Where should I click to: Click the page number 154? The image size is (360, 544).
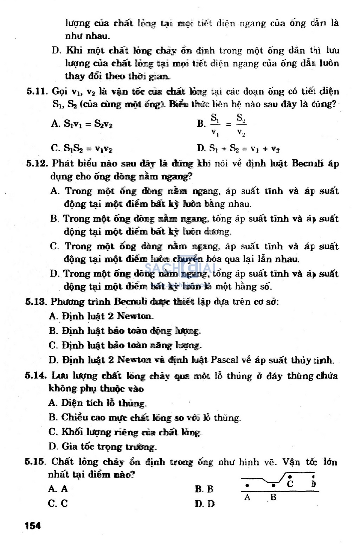click(33, 526)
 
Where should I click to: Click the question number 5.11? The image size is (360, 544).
click(37, 91)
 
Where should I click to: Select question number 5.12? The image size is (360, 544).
click(37, 164)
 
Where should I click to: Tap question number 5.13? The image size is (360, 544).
click(36, 302)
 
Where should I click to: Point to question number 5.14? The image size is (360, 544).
click(36, 376)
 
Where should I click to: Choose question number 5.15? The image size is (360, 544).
click(35, 462)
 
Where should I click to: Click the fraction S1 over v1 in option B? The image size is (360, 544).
click(215, 125)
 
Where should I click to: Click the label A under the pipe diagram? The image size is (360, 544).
click(247, 498)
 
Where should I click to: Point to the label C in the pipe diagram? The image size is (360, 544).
click(290, 484)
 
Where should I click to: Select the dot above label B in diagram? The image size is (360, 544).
click(274, 486)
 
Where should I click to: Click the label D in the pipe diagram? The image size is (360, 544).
click(313, 484)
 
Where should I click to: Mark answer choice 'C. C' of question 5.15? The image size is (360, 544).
click(58, 504)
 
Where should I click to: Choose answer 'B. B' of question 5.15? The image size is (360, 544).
click(204, 489)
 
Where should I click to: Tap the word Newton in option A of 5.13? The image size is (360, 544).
click(134, 316)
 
